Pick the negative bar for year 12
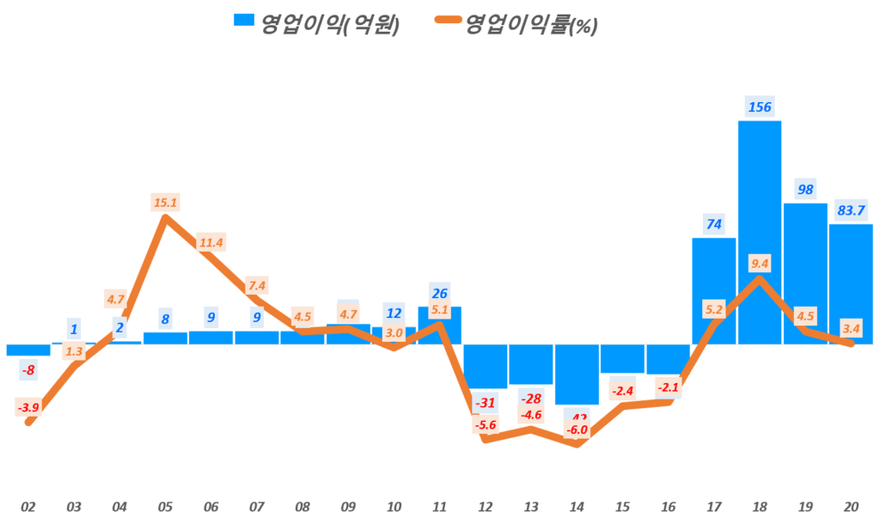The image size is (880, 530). (486, 365)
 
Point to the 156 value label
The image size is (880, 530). (760, 107)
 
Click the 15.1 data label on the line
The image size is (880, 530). (165, 202)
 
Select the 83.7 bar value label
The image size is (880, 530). (852, 210)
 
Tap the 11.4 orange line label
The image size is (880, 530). (211, 242)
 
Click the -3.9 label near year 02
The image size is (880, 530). (28, 406)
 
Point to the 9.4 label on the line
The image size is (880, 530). (760, 264)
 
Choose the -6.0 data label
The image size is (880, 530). (577, 429)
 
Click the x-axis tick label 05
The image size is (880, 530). (165, 507)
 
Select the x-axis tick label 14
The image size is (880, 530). (577, 507)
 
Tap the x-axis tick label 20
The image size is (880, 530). (851, 507)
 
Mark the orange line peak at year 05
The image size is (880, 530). (165, 218)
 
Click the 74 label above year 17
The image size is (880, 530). (713, 224)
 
